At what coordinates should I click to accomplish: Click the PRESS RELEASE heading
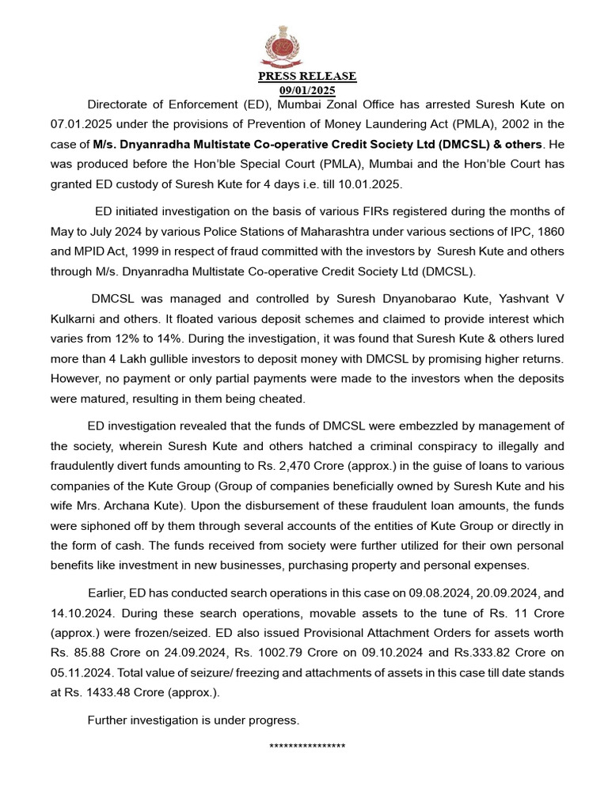tap(307, 77)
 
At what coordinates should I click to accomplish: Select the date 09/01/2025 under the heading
tap(307, 89)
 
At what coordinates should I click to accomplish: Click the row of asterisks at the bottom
tap(307, 747)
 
